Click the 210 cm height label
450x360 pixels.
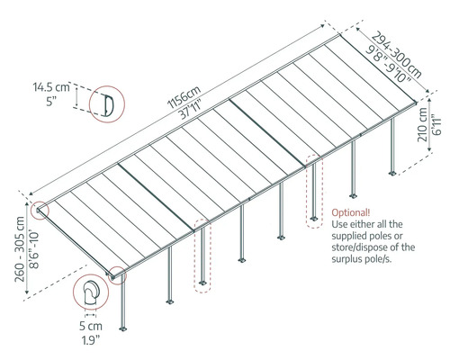pyautogui.click(x=423, y=128)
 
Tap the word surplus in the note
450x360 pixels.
pyautogui.click(x=353, y=256)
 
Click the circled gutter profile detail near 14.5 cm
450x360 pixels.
pyautogui.click(x=103, y=103)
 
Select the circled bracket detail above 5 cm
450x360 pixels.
pyautogui.click(x=89, y=294)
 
